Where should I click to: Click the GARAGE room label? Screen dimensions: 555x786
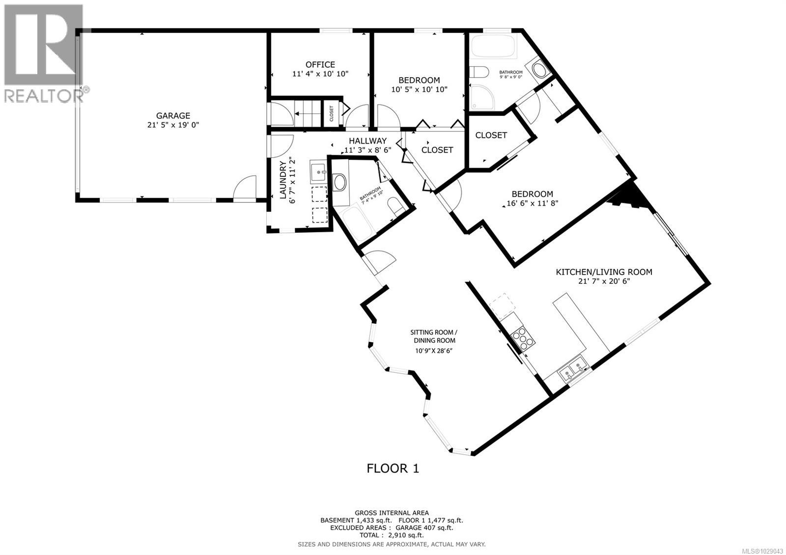coord(173,115)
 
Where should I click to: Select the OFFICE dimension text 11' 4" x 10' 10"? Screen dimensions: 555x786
coord(320,74)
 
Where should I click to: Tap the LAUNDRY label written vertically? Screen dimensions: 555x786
coord(283,180)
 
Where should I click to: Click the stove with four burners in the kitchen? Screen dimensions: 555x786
coord(521,339)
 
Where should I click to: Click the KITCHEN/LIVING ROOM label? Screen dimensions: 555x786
coord(604,272)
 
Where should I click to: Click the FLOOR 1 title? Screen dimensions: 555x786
coord(393,468)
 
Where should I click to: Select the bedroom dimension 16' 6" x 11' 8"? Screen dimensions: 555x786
coord(533,203)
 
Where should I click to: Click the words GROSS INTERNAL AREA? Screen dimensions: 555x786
coord(392,513)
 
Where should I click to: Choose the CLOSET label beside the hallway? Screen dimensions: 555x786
coord(437,150)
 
